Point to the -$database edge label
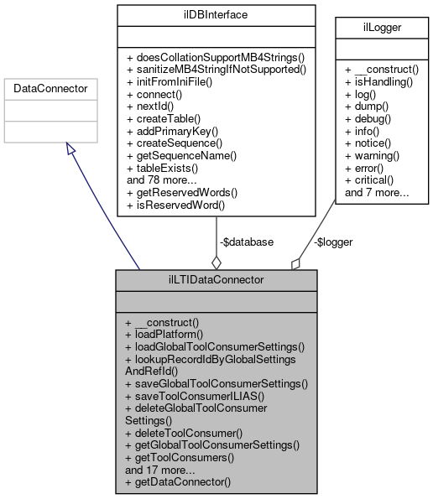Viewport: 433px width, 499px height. click(x=247, y=242)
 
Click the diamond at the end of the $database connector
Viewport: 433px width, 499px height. click(x=216, y=262)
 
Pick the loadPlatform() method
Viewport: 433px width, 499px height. click(x=164, y=334)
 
